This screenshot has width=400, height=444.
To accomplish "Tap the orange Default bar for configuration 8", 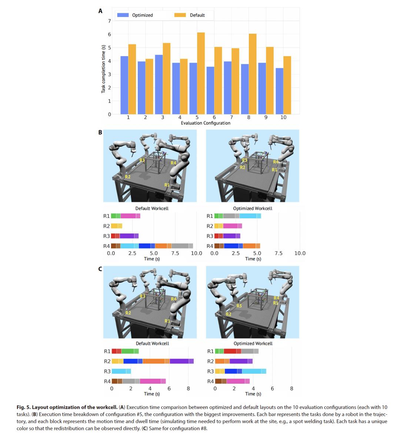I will pyautogui.click(x=252, y=74).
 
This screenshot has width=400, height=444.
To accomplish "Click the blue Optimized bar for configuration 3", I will pyautogui.click(x=159, y=84).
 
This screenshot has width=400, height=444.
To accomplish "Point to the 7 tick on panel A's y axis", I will pyautogui.click(x=109, y=21).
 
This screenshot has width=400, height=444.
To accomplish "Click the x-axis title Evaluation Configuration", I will pyautogui.click(x=206, y=123).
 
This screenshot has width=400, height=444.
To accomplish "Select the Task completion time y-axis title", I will pyautogui.click(x=103, y=68).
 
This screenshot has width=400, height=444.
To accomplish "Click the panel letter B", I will pyautogui.click(x=100, y=132).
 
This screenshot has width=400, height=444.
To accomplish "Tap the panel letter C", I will pyautogui.click(x=100, y=269).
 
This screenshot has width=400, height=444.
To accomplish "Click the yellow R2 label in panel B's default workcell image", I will pyautogui.click(x=127, y=177).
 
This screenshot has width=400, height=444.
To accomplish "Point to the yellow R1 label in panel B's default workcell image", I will pyautogui.click(x=167, y=184).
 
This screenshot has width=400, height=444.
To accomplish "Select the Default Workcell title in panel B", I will pyautogui.click(x=152, y=208).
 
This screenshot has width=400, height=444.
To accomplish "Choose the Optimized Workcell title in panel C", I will pyautogui.click(x=253, y=343).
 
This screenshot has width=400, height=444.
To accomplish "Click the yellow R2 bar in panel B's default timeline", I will pyautogui.click(x=116, y=226).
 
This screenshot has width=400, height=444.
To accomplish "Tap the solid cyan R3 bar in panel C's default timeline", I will pyautogui.click(x=121, y=371).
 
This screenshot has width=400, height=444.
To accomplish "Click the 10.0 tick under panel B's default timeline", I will pyautogui.click(x=196, y=253).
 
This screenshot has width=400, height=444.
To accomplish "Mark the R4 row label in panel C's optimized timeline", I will pyautogui.click(x=210, y=381).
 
